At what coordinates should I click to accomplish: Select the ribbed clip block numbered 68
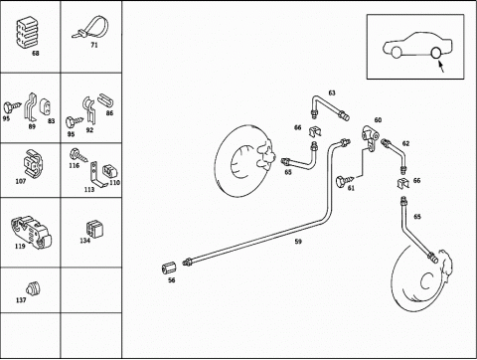[26, 33]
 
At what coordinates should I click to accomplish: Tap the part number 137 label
[21, 300]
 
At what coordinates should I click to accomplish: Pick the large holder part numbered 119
[31, 232]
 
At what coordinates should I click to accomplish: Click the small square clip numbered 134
[93, 229]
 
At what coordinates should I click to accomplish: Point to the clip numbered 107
[33, 164]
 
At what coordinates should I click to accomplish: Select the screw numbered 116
[79, 155]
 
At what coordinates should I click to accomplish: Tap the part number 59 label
[298, 242]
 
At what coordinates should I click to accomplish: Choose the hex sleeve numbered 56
[169, 269]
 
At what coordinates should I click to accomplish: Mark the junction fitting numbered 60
[371, 136]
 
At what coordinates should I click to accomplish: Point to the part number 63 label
[332, 92]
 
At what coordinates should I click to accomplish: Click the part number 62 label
[405, 143]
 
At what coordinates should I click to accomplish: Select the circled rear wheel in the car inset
[436, 53]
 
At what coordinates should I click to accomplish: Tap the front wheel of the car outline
[397, 53]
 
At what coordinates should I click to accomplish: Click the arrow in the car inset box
[441, 66]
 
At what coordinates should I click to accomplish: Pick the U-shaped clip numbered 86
[105, 100]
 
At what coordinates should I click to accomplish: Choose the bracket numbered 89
[30, 106]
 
